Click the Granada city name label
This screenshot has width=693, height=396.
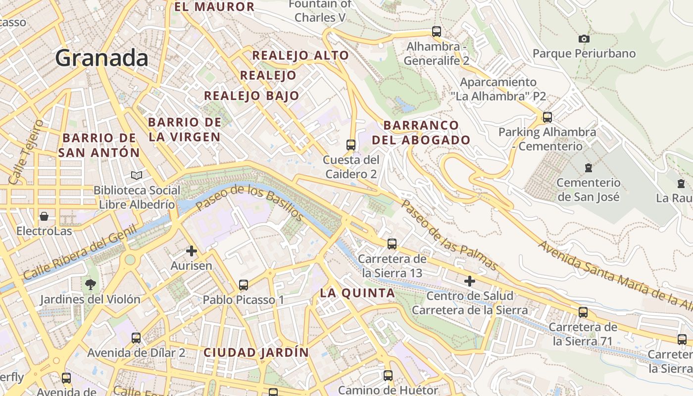tap(101, 58)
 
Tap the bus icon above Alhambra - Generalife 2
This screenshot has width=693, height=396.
tap(436, 32)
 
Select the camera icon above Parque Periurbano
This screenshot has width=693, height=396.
tap(584, 39)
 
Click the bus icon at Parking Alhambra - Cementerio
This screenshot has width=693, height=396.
tap(547, 117)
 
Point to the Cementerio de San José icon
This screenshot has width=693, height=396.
tap(588, 168)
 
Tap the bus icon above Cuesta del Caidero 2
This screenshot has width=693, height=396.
tap(351, 145)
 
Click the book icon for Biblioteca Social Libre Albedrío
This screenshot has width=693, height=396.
tap(136, 175)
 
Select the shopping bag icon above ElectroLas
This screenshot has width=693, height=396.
tap(44, 216)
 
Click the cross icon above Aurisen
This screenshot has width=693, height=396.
tap(192, 251)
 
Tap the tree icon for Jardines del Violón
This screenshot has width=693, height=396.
tap(91, 284)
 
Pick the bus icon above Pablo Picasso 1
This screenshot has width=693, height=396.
tap(243, 285)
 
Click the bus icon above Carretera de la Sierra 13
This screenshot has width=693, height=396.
tap(392, 244)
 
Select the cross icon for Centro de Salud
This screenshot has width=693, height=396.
tap(470, 282)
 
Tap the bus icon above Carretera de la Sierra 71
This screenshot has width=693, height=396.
tap(583, 312)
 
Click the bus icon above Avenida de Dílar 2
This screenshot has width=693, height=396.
tap(136, 338)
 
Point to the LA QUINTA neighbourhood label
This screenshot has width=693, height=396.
tap(357, 293)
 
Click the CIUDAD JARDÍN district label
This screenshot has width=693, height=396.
tap(256, 353)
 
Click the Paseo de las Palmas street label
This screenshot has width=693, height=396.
tap(448, 235)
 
